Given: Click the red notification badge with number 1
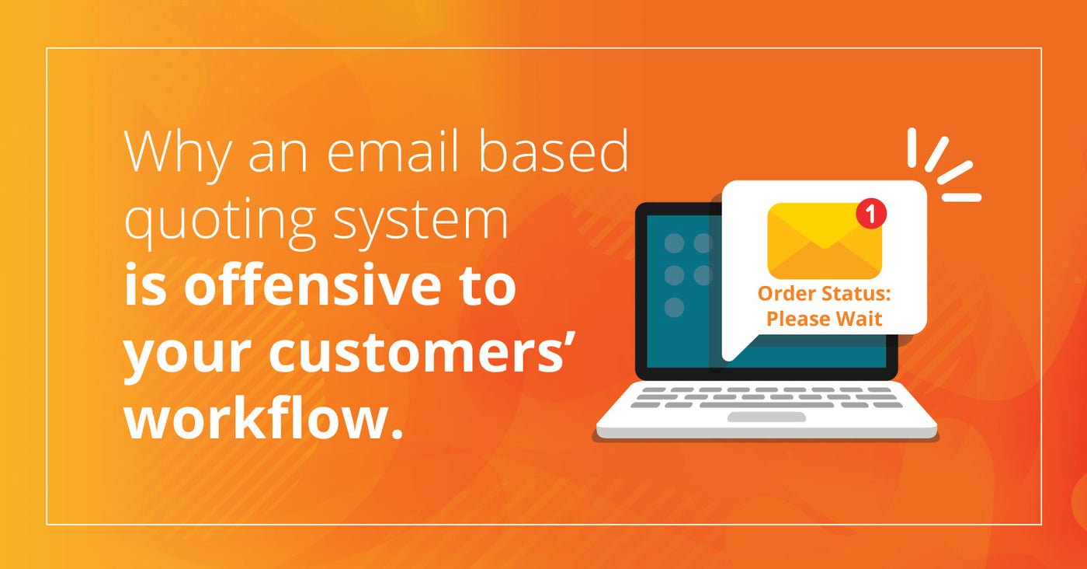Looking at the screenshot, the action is [871, 213].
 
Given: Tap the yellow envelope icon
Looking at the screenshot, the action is [825, 241].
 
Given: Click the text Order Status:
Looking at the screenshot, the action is [824, 294].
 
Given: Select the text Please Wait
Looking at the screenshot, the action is [824, 319].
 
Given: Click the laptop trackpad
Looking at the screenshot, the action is [767, 417].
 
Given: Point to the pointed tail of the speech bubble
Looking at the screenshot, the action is [728, 360].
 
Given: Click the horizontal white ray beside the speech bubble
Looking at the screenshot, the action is [961, 197].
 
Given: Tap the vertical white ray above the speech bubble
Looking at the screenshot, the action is [912, 148].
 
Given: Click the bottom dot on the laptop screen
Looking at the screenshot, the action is [674, 307].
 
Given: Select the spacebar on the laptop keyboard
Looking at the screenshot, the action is [766, 405].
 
